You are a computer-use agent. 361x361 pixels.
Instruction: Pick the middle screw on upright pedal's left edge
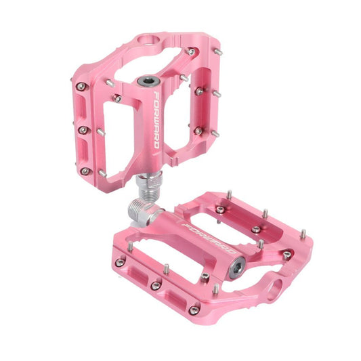tap(82, 129)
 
